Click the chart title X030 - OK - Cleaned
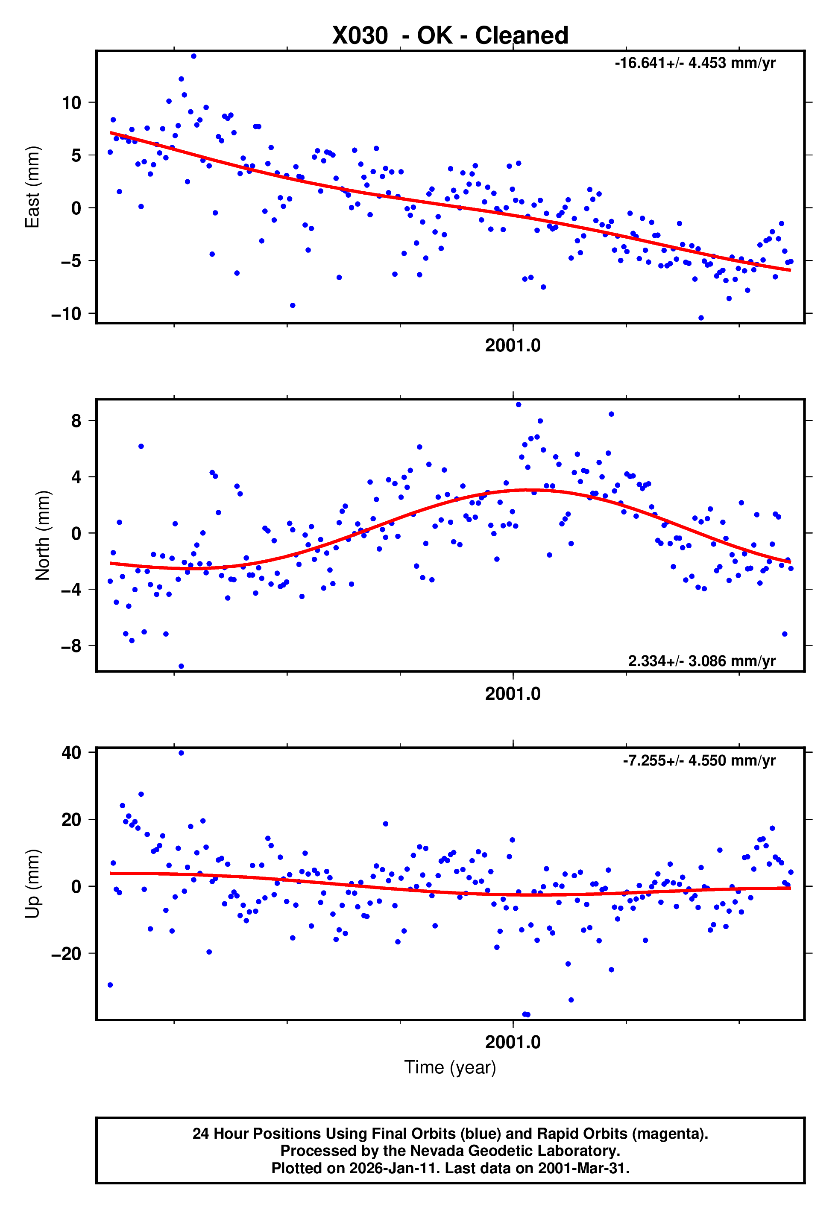point(450,36)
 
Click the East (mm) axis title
point(32,187)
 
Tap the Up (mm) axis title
point(32,884)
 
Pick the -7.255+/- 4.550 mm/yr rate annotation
point(699,760)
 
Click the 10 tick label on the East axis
point(71,103)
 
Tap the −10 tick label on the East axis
point(66,314)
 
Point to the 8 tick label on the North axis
point(76,421)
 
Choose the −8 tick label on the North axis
point(71,646)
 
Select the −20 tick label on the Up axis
point(66,953)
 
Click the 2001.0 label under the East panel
point(513,346)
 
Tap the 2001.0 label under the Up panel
point(513,1042)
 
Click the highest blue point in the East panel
point(194,56)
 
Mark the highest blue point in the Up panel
point(181,753)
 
